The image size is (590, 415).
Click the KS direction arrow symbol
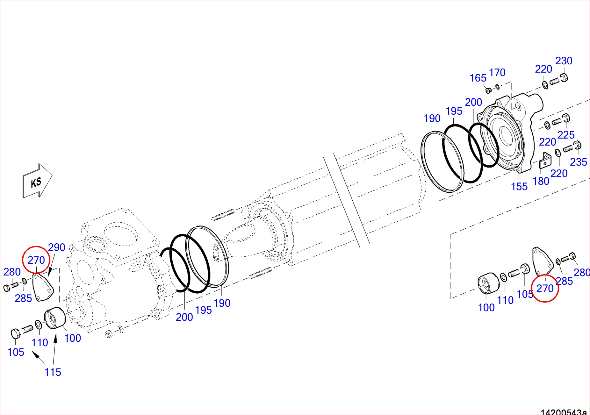(x=37, y=181)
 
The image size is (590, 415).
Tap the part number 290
(x=57, y=247)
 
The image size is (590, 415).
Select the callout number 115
(x=53, y=372)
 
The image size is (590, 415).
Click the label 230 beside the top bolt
(x=564, y=61)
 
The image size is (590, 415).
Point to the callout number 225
(x=566, y=135)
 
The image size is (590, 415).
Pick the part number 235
(x=578, y=162)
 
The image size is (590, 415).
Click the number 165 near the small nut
(x=478, y=78)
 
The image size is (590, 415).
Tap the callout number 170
(x=497, y=73)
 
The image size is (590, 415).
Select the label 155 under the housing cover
(x=519, y=187)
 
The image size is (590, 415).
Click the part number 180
(x=541, y=181)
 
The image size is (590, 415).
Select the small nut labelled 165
(x=488, y=90)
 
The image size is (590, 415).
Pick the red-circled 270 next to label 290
(x=36, y=260)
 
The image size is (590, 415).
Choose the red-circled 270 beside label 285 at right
(x=545, y=289)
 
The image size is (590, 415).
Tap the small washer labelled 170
(x=498, y=87)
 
